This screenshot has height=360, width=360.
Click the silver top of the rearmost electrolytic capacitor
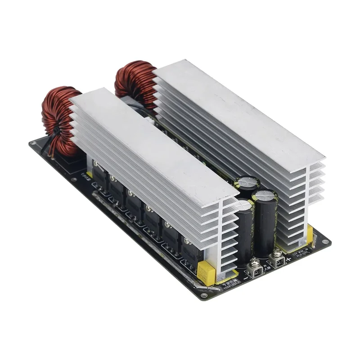(x=249, y=182)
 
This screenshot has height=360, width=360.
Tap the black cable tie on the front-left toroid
(x=58, y=133)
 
